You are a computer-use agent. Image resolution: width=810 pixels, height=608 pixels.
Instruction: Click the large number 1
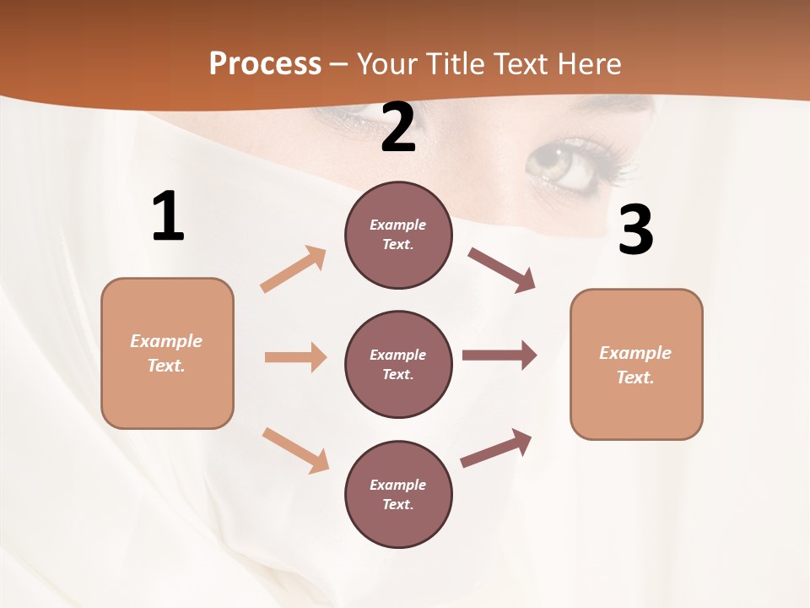pos(168,217)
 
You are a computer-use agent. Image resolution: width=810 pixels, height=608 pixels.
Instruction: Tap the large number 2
pos(398,128)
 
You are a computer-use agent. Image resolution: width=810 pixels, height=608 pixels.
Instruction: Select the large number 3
pos(636,231)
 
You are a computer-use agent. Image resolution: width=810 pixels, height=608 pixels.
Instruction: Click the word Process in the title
pos(265,63)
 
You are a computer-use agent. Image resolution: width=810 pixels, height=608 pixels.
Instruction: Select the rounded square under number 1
pos(167,353)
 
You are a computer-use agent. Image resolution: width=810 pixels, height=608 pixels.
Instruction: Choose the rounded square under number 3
pos(636,364)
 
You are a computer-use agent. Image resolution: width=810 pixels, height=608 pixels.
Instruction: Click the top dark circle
pos(398,235)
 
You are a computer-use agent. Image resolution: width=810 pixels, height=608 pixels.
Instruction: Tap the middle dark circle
pos(398,364)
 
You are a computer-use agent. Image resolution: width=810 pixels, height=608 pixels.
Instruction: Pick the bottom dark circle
pos(398,494)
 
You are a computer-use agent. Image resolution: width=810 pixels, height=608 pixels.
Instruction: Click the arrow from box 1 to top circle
pos(294,269)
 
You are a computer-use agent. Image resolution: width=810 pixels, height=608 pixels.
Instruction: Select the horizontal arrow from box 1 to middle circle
pos(295,357)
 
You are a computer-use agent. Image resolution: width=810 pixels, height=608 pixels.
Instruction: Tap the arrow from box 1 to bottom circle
pos(295,450)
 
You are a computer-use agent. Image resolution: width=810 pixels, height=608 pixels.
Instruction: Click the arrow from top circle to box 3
pos(502,270)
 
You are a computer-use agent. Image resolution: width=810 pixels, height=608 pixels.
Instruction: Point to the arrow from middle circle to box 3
pos(499,355)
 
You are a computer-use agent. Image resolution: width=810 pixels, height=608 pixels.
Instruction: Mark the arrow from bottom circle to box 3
pos(496,448)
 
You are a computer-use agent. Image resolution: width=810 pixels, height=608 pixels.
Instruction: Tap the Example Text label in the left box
pos(166,353)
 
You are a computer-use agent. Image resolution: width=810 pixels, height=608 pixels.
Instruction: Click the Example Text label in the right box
pos(635,365)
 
